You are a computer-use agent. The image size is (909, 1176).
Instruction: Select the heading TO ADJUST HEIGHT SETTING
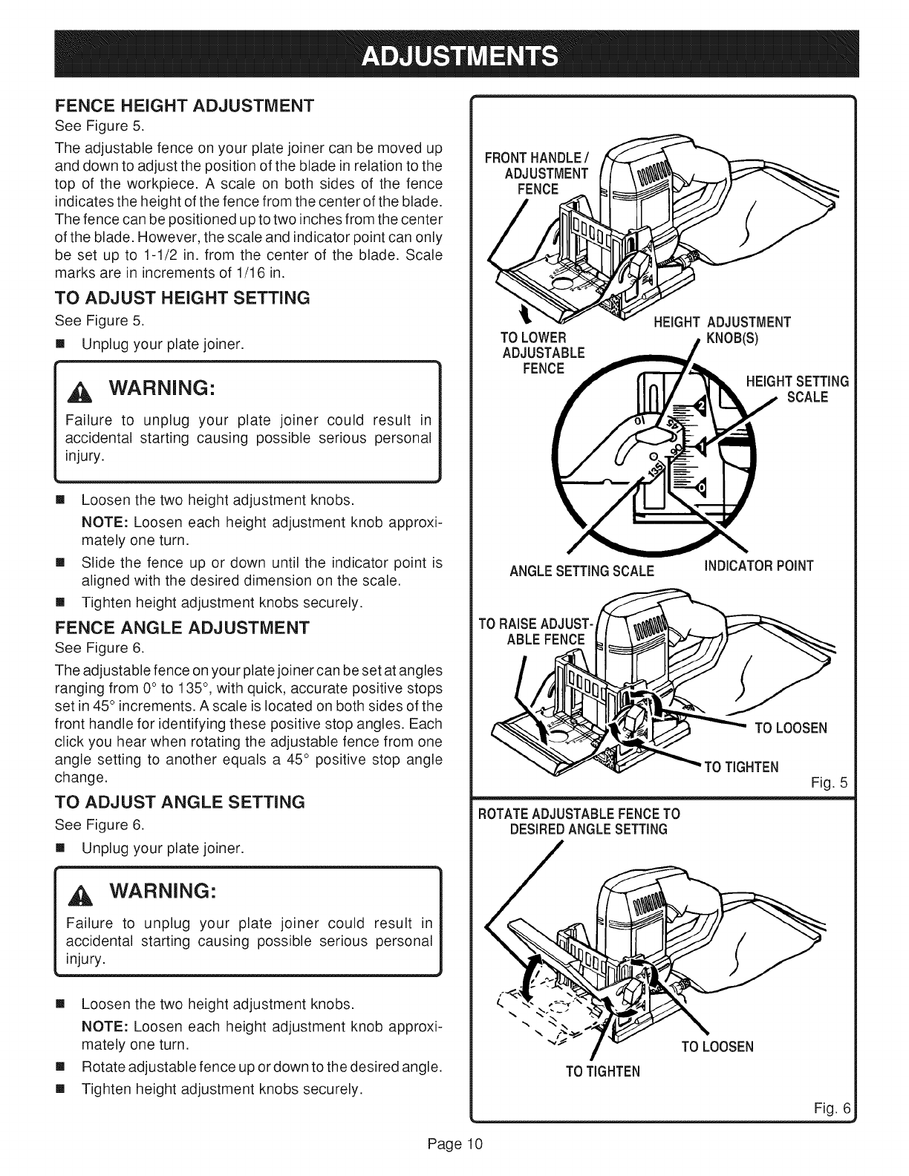coord(181,298)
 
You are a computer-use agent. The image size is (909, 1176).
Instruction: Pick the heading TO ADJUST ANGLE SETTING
coord(180,803)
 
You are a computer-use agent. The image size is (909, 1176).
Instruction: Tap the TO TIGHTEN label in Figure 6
coord(602,1071)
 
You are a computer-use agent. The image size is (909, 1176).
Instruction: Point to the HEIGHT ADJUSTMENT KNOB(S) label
coord(721,329)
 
